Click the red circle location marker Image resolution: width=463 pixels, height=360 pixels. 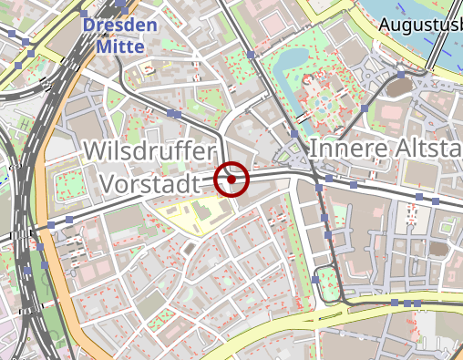[233, 179]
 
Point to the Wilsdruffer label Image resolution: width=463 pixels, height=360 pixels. [149, 151]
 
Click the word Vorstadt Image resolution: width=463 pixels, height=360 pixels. [149, 184]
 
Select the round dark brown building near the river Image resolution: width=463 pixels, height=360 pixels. [401, 87]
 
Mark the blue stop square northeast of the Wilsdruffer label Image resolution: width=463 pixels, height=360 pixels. [172, 113]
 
